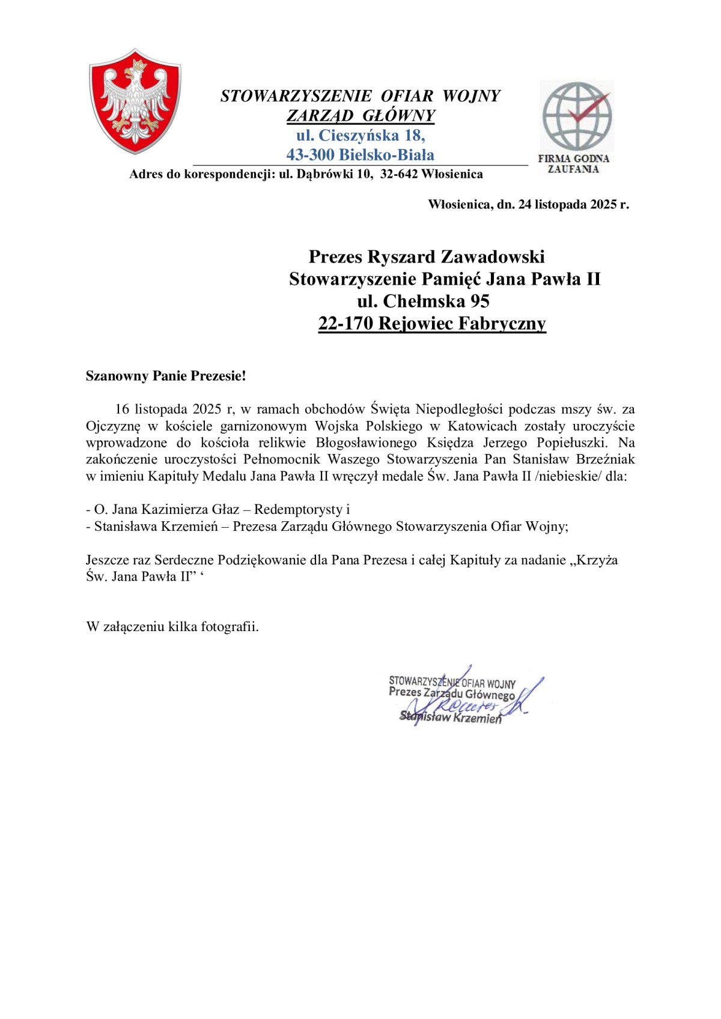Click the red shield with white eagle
(135, 101)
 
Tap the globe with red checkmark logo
(576, 116)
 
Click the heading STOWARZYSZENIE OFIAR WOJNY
(360, 96)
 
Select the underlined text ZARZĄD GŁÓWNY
(360, 115)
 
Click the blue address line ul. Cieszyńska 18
(360, 135)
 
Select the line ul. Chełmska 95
(424, 301)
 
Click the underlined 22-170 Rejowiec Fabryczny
(432, 324)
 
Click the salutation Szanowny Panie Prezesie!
(166, 376)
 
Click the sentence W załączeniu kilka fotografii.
(172, 627)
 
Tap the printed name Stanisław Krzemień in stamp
(451, 717)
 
